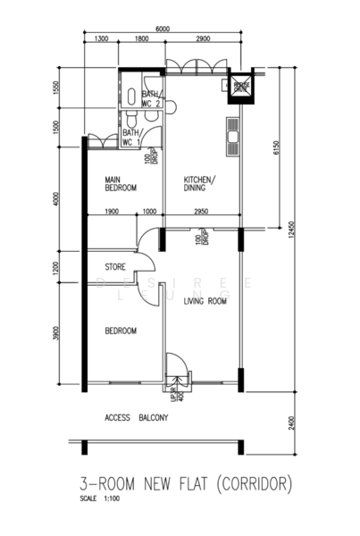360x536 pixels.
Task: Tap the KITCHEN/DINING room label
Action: (200, 183)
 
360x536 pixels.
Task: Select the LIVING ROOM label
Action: (205, 302)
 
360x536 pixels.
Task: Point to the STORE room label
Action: (114, 266)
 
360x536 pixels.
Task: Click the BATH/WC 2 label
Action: (151, 98)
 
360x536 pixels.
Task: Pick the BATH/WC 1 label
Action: (130, 137)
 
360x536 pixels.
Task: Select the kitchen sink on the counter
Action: (235, 138)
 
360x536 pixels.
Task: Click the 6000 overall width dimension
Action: (162, 29)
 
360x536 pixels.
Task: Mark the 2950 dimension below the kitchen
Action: (201, 212)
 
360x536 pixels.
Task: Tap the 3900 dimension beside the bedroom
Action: (57, 333)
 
